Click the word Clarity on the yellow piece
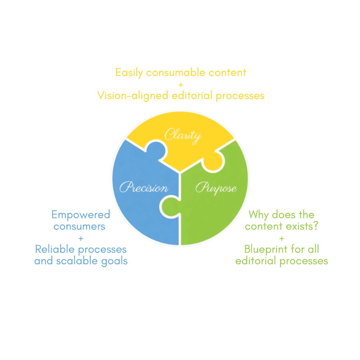pos(183,136)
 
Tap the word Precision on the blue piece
pos(144,187)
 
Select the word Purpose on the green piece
pos(216,188)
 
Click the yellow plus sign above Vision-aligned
pos(181,85)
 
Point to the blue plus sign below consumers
pos(81,239)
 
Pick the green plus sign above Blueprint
pos(282,239)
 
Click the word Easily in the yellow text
pos(129,73)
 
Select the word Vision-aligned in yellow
pos(133,96)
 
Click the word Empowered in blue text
pos(81,215)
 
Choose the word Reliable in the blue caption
pos(55,249)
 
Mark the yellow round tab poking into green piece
pos(213,161)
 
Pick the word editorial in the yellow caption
pos(192,95)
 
